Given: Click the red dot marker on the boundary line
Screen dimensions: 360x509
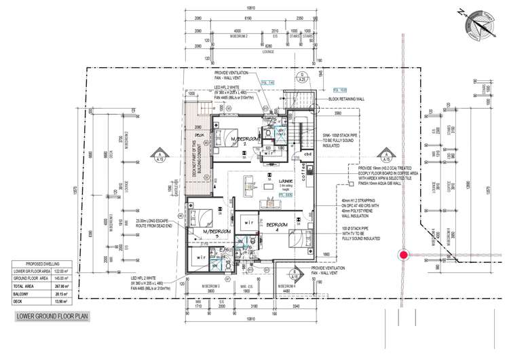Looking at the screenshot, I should coord(404,255).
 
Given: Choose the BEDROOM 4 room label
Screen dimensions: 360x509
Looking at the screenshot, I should coord(278,225).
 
